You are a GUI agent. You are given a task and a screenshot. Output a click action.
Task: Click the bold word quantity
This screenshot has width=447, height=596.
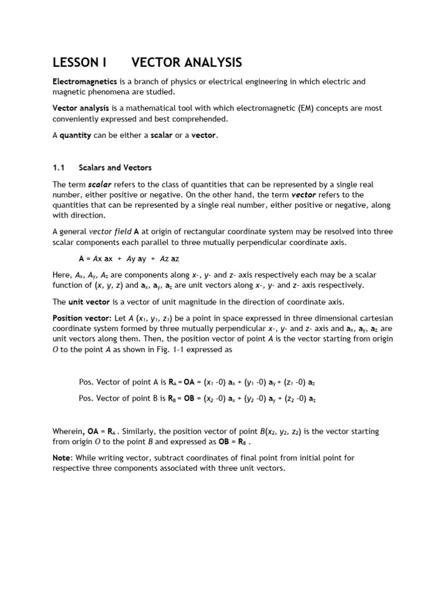coord(78,136)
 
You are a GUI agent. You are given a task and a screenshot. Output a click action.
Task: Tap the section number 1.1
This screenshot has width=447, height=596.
coord(58,168)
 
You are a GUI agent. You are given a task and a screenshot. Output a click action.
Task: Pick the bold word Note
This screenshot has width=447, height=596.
coord(62,458)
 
